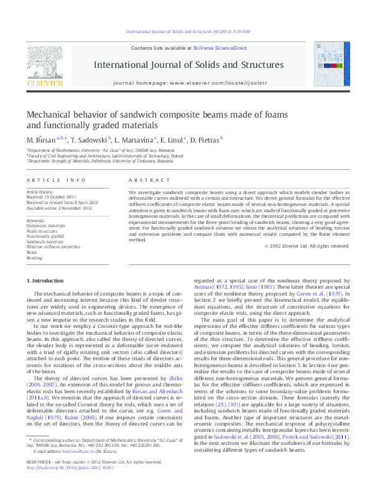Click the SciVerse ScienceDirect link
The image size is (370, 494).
(x=220, y=48)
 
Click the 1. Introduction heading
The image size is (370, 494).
(x=47, y=281)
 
